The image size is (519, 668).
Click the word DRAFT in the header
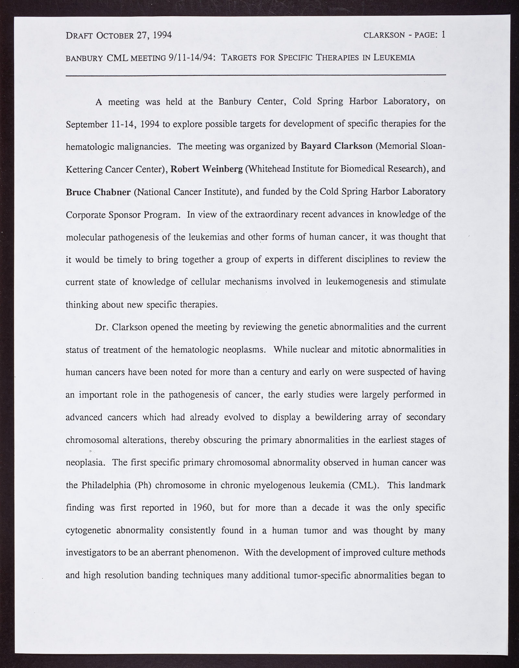pyautogui.click(x=79, y=35)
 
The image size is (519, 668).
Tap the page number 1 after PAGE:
pyautogui.click(x=443, y=35)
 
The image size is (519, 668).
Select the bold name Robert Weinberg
pyautogui.click(x=207, y=169)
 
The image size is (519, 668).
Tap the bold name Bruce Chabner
pyautogui.click(x=98, y=192)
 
